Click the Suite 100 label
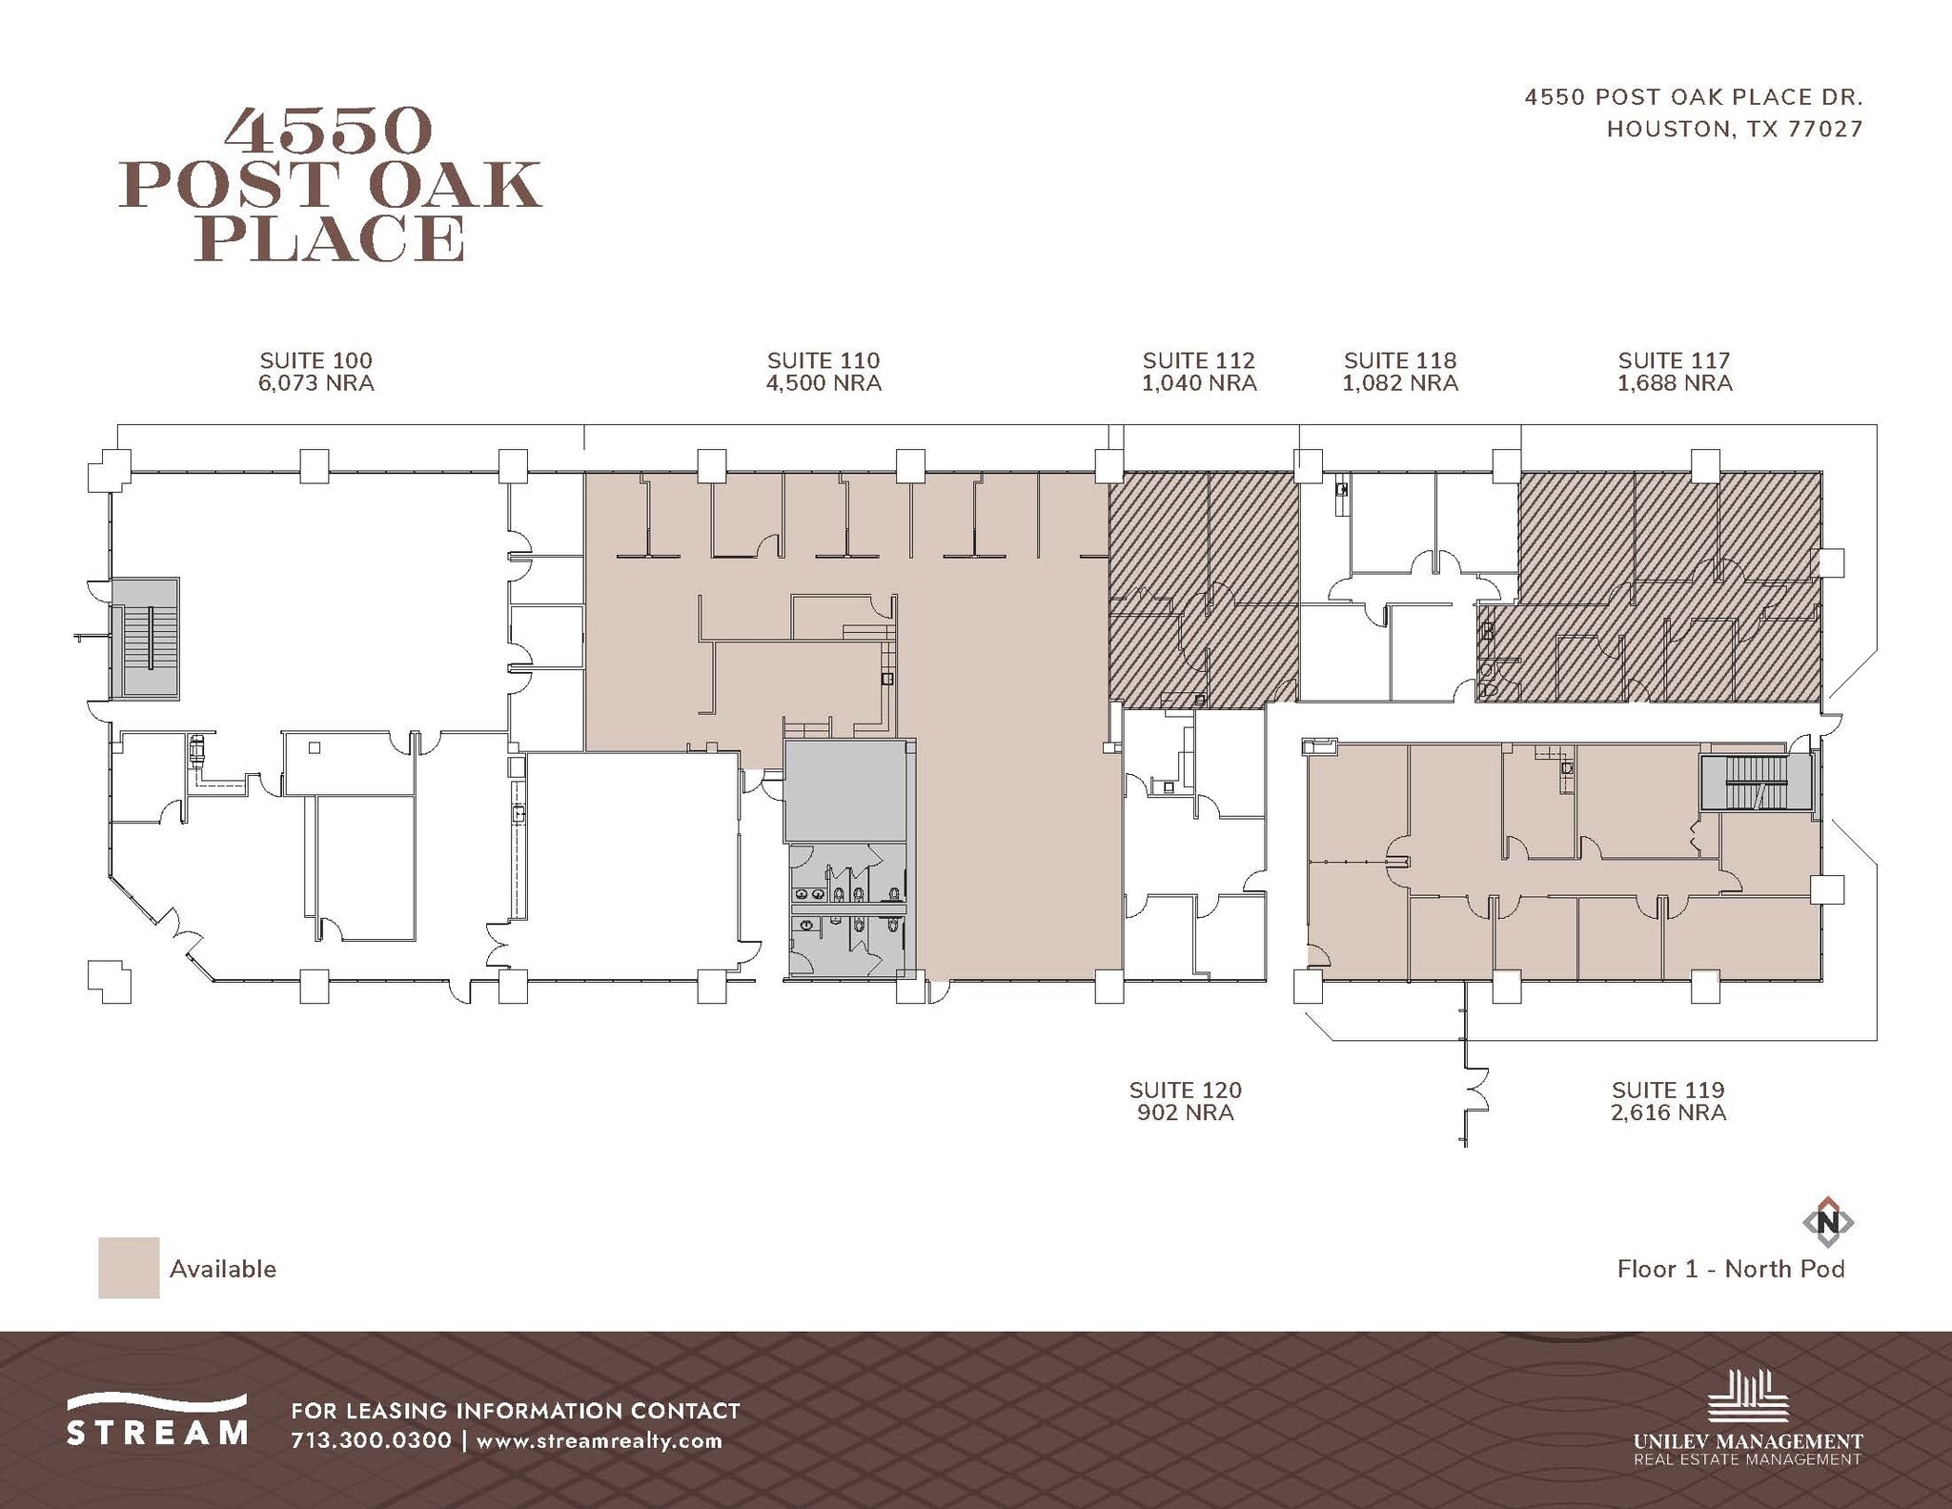click(x=315, y=360)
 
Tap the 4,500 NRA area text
click(x=823, y=383)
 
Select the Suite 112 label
click(x=1198, y=360)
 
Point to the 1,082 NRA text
click(x=1399, y=383)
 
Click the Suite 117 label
click(x=1674, y=360)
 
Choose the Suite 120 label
click(x=1185, y=1090)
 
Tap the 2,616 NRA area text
click(x=1668, y=1112)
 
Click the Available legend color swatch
click(x=129, y=1268)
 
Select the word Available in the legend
click(x=223, y=1269)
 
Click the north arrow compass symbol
click(x=1827, y=1222)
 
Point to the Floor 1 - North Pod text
click(x=1731, y=1269)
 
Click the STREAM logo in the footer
click(x=157, y=1420)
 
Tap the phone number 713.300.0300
click(x=371, y=1439)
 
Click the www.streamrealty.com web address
click(x=599, y=1440)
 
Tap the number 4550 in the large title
click(x=329, y=132)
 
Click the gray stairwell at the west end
click(x=146, y=638)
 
